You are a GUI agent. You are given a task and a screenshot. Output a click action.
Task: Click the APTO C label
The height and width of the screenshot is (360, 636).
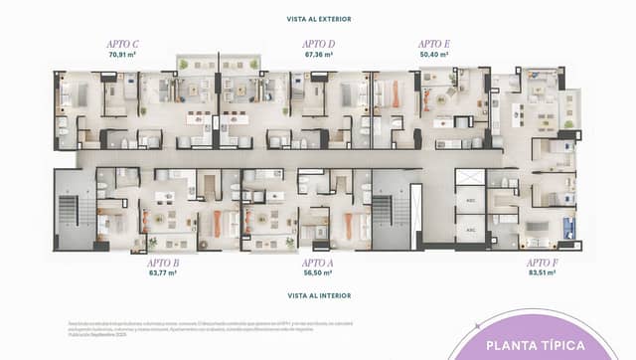(122, 44)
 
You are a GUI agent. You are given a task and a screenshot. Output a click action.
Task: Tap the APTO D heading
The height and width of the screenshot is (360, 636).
(318, 44)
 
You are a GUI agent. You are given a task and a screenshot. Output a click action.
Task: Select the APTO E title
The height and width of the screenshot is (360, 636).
(434, 44)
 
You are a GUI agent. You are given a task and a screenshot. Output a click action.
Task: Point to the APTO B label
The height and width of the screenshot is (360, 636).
(163, 263)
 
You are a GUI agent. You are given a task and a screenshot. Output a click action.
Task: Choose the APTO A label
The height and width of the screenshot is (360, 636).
(318, 263)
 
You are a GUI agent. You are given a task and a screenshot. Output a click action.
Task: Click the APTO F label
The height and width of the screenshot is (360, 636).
(543, 263)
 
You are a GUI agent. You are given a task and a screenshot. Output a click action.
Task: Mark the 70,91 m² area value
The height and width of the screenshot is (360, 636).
(122, 55)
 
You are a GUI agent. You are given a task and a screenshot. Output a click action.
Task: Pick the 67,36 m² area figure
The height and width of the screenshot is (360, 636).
(318, 55)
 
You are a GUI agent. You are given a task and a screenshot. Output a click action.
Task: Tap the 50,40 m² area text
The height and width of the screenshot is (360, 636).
(434, 55)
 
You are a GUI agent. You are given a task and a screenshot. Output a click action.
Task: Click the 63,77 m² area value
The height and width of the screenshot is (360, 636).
(163, 272)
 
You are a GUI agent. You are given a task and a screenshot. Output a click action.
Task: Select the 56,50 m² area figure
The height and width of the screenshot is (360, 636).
(318, 272)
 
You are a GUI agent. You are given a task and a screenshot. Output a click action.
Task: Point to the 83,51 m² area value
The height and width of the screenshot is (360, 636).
(543, 272)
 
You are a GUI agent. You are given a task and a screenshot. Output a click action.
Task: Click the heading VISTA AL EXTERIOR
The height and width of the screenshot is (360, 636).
(318, 19)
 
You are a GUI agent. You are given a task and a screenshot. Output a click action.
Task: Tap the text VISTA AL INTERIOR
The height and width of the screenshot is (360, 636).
(318, 296)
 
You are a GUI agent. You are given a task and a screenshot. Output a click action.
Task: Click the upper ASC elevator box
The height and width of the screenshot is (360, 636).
(470, 200)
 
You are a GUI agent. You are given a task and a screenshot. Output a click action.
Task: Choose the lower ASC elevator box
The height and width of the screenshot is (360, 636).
(470, 229)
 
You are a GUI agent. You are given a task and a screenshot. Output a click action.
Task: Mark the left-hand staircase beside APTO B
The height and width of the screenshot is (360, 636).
(69, 211)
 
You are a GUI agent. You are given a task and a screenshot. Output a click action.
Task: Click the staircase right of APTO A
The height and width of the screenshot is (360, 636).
(382, 211)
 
